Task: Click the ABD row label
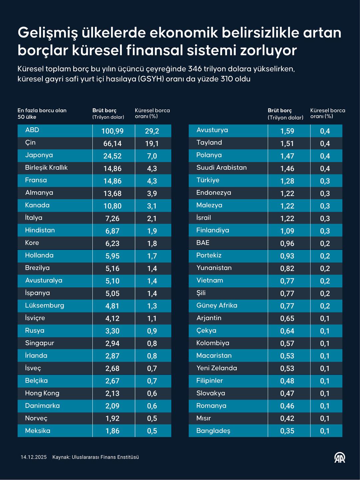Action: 32,130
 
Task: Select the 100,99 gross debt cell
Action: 112,131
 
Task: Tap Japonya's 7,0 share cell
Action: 152,156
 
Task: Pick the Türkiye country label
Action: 208,180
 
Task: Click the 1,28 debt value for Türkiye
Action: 287,181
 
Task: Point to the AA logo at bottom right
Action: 340,458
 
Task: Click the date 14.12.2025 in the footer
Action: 34,457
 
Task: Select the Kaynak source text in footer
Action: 95,457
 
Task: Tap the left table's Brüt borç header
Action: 104,111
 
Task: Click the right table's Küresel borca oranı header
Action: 327,113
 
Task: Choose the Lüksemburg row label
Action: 44,306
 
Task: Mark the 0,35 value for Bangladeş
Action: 287,431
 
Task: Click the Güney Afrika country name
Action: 217,306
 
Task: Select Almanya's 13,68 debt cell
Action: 112,194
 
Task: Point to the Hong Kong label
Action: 42,393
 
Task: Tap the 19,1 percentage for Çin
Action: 152,144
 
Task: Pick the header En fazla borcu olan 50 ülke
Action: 42,114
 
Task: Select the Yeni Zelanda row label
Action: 217,368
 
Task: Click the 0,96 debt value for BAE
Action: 287,244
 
